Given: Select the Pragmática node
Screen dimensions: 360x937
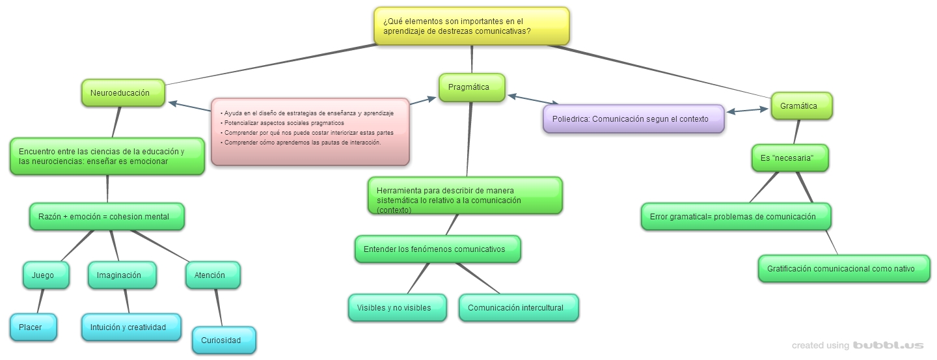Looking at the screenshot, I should (x=472, y=88).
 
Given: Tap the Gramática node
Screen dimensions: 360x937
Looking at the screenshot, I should (x=802, y=106).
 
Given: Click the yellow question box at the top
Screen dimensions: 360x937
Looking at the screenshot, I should (x=472, y=26).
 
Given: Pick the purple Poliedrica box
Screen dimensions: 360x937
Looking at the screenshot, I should (x=633, y=119).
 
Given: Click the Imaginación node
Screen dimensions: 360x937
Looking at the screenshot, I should (x=122, y=275).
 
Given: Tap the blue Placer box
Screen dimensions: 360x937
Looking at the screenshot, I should (x=33, y=327).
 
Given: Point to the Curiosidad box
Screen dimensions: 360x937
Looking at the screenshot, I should (x=224, y=340).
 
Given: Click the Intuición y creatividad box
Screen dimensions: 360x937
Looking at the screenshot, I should (x=131, y=327).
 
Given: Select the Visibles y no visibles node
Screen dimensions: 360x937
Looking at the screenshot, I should (x=398, y=308).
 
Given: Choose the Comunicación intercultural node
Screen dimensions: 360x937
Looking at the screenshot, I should (x=519, y=308).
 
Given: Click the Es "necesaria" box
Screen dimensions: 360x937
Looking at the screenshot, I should (x=790, y=158).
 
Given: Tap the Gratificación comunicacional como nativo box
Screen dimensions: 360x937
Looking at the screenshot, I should (x=844, y=269).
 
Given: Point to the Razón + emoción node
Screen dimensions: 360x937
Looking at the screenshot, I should (x=107, y=217).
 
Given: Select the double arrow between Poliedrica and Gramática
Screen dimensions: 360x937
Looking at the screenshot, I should (x=748, y=111).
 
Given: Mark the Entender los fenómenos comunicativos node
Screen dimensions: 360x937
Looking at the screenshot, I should (x=437, y=249).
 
